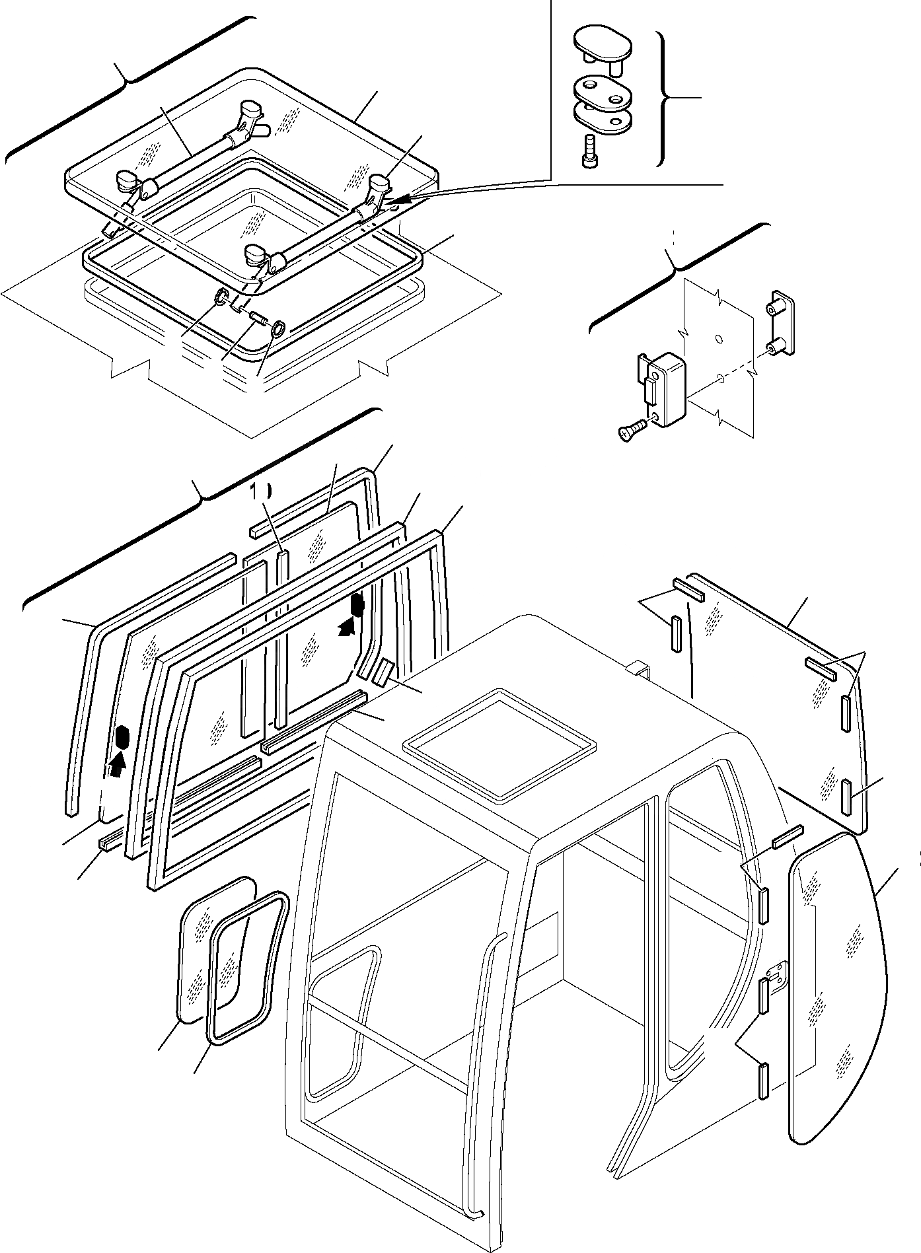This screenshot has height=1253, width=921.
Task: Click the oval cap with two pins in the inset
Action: [603, 45]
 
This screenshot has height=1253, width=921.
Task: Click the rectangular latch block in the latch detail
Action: [669, 388]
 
